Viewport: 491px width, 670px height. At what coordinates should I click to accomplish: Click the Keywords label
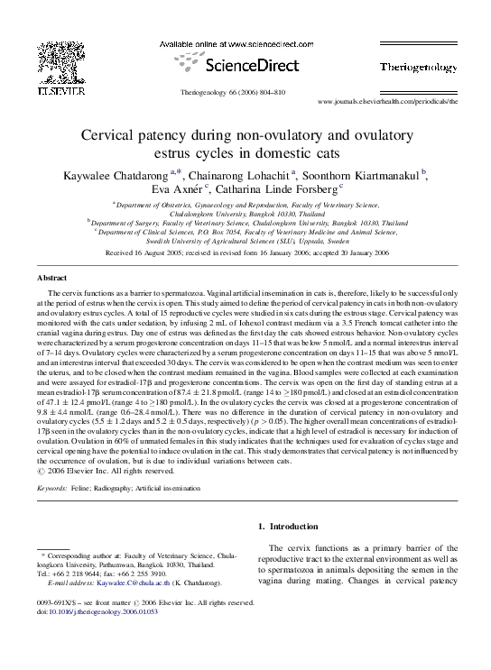coord(53,488)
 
